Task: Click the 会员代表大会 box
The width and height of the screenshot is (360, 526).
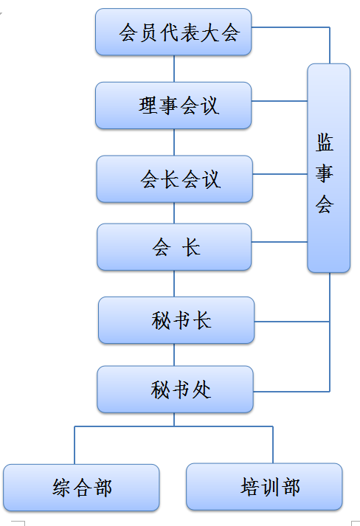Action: click(x=173, y=32)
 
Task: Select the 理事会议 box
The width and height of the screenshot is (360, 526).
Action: click(x=173, y=105)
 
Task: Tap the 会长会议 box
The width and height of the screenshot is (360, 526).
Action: click(x=174, y=179)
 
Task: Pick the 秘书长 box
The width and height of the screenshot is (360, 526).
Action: click(x=176, y=320)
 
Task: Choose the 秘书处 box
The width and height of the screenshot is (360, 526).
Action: click(x=175, y=389)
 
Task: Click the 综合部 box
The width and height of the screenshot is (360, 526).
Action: click(x=81, y=488)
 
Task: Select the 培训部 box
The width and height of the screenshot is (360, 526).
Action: click(x=264, y=487)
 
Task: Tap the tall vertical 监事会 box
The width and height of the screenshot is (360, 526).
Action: click(x=329, y=167)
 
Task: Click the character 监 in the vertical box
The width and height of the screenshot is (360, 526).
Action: click(x=325, y=142)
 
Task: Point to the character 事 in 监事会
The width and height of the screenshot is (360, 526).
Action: click(x=325, y=173)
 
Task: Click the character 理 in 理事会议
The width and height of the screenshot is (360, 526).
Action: click(x=148, y=105)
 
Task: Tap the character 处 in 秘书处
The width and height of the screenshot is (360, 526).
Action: click(x=201, y=390)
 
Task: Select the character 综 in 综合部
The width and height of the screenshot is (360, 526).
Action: click(x=61, y=488)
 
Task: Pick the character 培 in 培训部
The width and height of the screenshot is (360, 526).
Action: click(x=250, y=487)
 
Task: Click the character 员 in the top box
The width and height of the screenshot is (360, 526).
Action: click(x=148, y=32)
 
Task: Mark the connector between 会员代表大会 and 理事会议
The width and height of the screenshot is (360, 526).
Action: click(x=174, y=69)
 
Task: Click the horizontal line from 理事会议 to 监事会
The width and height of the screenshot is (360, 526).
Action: click(x=279, y=100)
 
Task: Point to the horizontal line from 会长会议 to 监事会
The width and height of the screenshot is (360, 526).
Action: click(x=280, y=174)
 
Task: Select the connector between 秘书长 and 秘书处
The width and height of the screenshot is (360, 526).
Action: click(x=174, y=355)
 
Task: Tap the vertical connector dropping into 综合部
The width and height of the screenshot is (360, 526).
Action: click(x=75, y=445)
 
